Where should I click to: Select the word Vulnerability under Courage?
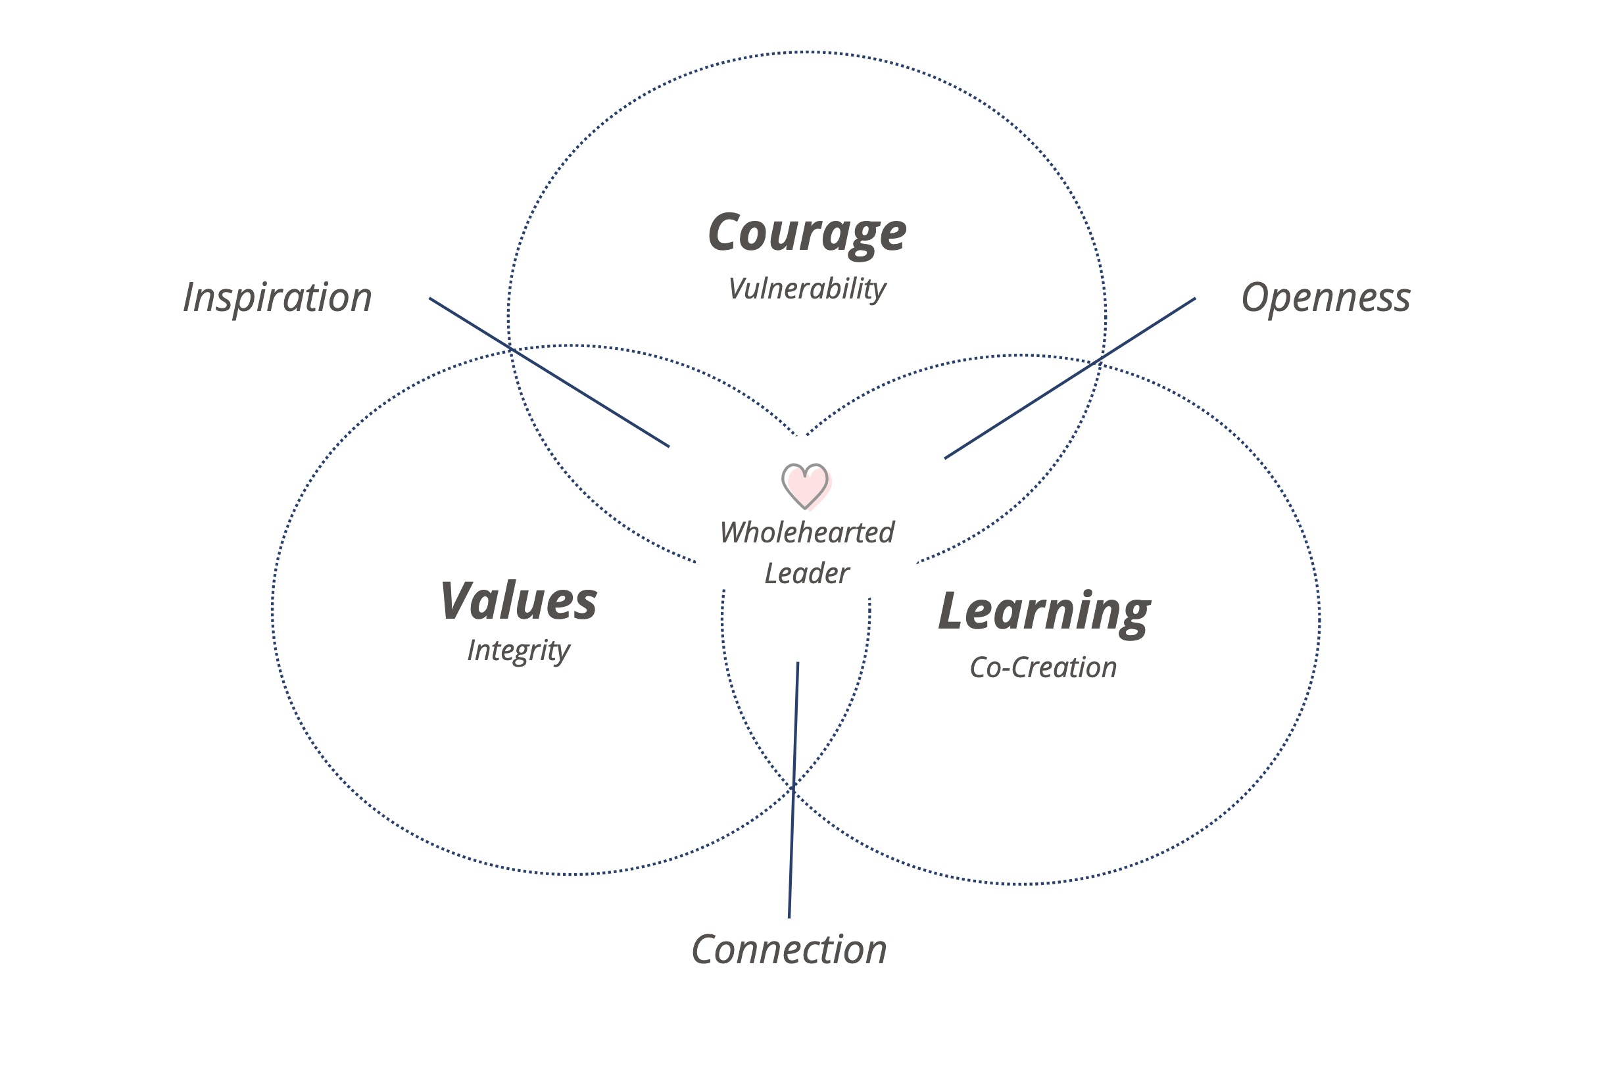806,289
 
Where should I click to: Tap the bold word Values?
518,601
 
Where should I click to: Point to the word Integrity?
518,650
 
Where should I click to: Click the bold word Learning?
1044,611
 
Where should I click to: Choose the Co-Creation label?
1043,668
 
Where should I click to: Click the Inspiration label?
277,298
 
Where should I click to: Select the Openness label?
1325,298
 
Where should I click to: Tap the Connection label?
789,949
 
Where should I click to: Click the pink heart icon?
806,485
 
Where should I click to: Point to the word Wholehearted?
806,533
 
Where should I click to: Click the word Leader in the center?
806,574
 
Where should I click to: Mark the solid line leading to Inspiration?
548,372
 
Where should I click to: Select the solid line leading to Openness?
1070,379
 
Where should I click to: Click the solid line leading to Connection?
793,788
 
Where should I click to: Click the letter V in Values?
458,601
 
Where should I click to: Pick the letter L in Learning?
953,610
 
